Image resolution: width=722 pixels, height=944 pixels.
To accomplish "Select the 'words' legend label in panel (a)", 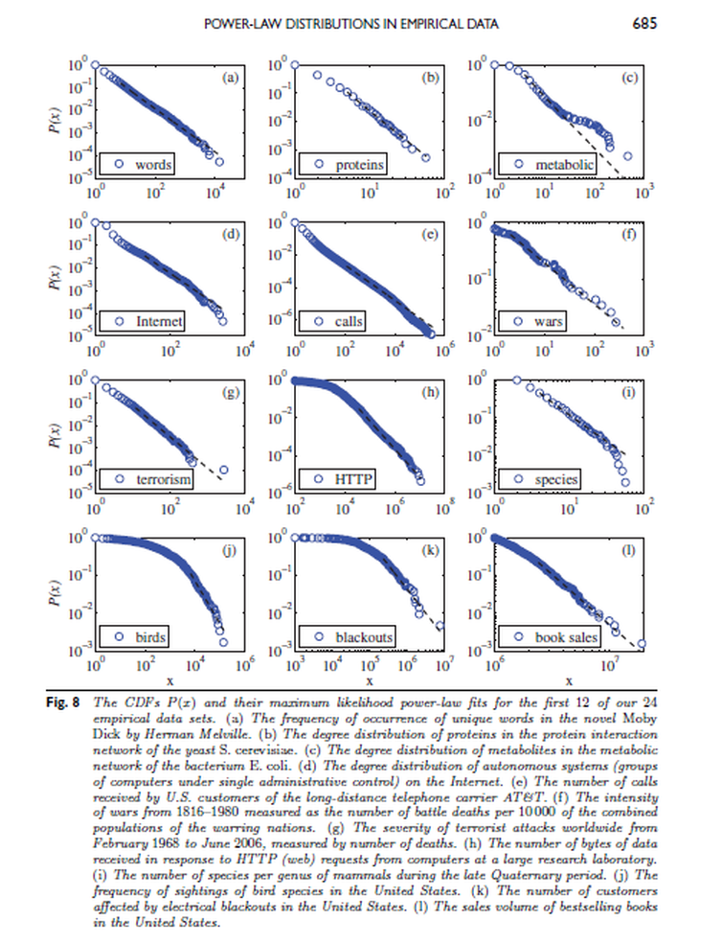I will (153, 165).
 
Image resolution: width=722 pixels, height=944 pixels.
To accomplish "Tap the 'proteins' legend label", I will (360, 165).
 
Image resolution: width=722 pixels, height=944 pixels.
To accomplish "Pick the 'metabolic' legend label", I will (565, 165).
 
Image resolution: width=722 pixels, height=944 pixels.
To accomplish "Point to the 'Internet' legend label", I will (159, 322).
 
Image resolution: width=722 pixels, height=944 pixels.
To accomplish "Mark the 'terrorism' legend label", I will (163, 479).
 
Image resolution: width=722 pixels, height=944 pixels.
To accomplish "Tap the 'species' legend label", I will (556, 479).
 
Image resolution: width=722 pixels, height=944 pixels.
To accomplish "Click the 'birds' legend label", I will (151, 637).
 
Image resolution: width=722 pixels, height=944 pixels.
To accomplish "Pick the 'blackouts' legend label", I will (364, 637).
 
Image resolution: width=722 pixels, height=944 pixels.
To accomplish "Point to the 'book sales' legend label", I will (567, 637).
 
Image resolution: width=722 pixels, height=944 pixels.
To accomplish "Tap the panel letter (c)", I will (629, 78).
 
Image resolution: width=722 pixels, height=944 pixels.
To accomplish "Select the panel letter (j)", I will (229, 550).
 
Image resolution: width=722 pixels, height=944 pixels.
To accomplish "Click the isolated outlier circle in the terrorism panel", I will (223, 471).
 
